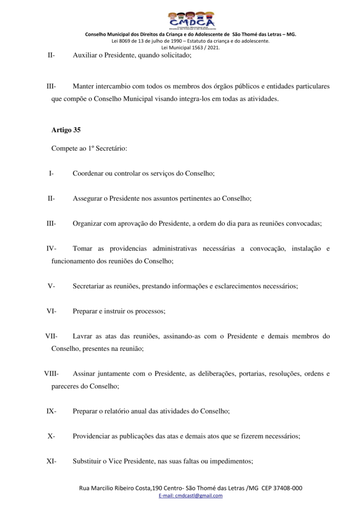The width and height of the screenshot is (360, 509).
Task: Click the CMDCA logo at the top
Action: pos(191,19)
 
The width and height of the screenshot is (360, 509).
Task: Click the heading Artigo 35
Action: pos(66,130)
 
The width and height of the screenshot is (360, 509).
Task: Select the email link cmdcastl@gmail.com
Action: pos(191,496)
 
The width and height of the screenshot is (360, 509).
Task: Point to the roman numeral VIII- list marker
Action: pos(51,373)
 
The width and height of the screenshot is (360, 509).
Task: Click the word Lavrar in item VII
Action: pos(82,337)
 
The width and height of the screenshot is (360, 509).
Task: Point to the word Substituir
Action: pos(88,461)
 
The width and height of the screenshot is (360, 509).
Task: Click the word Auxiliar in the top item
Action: pos(85,56)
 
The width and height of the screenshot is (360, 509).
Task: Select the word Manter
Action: pos(84,86)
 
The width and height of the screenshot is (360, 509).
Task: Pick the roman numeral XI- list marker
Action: pos(51,461)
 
